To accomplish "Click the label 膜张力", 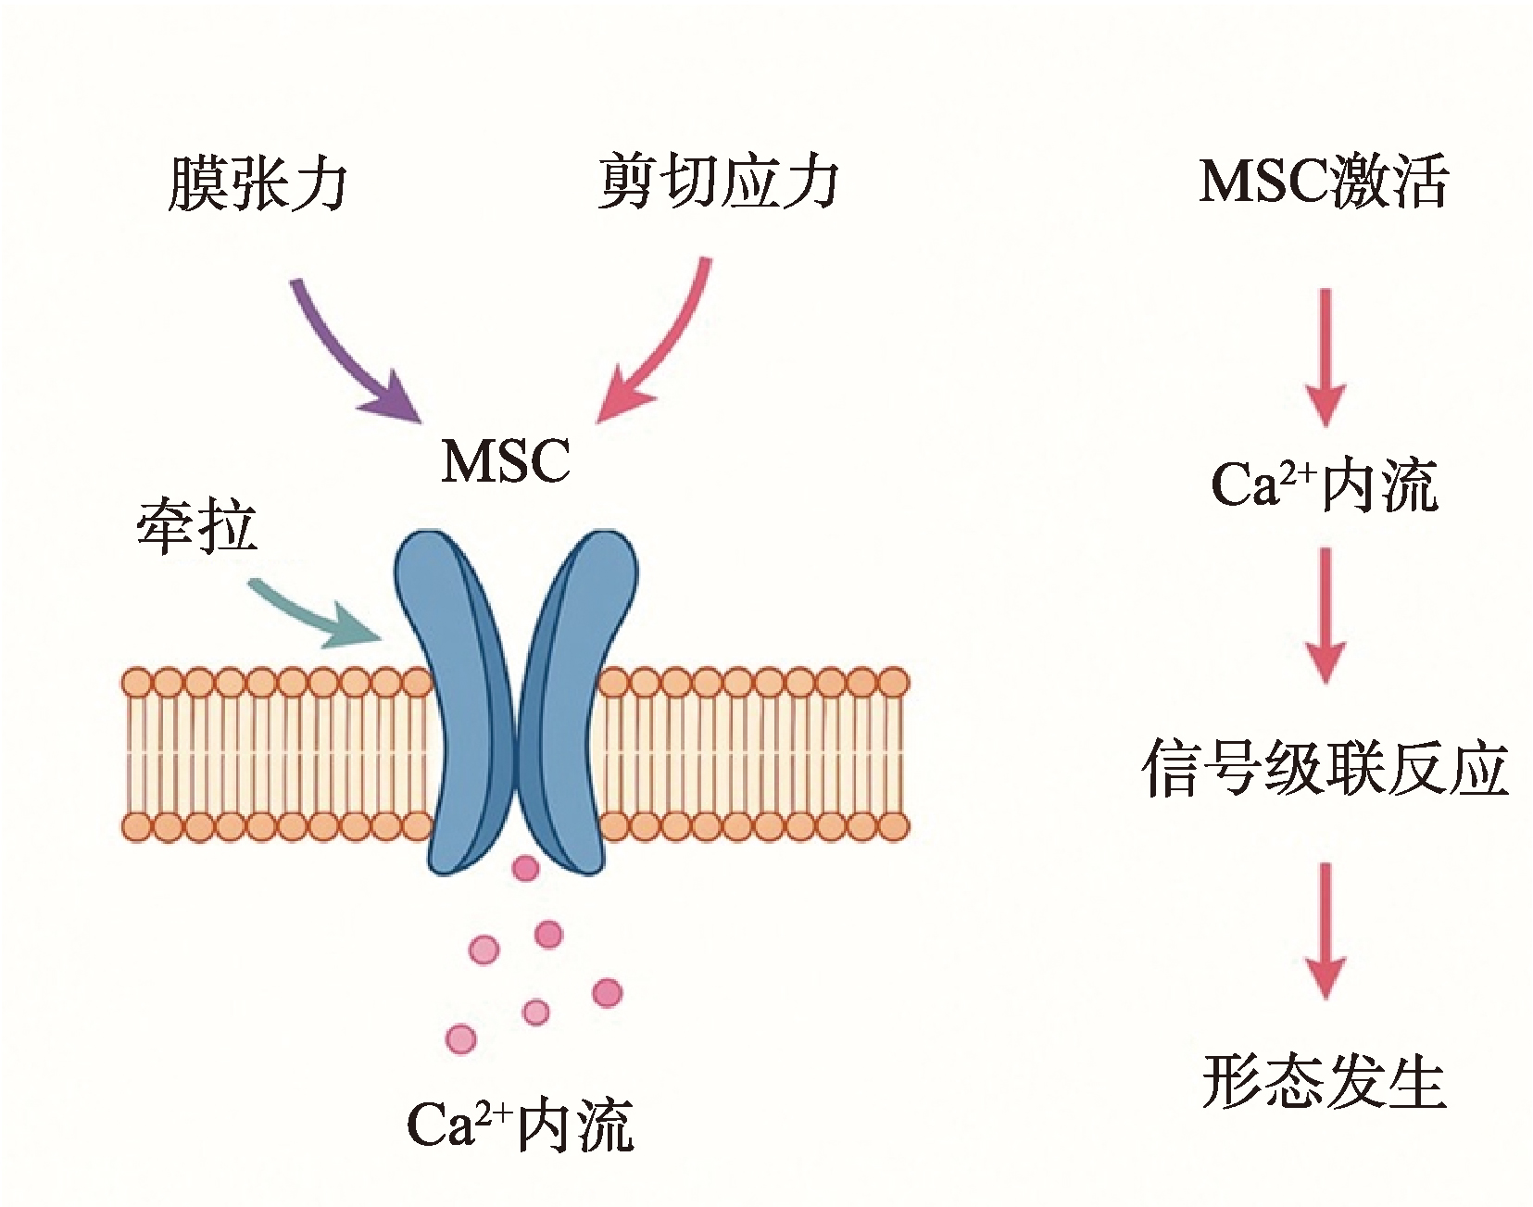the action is coord(258,182).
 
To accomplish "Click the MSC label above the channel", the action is coord(506,460).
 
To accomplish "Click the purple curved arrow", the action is coord(343,357).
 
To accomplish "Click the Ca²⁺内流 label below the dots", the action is coord(520,1125).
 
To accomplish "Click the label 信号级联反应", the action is coord(1325,768).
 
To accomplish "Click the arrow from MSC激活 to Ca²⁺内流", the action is coord(1326,358).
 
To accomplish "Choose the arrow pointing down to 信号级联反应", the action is coord(1326,616).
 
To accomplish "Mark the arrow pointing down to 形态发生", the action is coord(1326,931).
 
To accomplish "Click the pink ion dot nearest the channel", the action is coord(525,868).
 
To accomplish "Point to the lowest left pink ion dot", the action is coord(460,1039).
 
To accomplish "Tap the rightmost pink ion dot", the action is coord(607,993).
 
